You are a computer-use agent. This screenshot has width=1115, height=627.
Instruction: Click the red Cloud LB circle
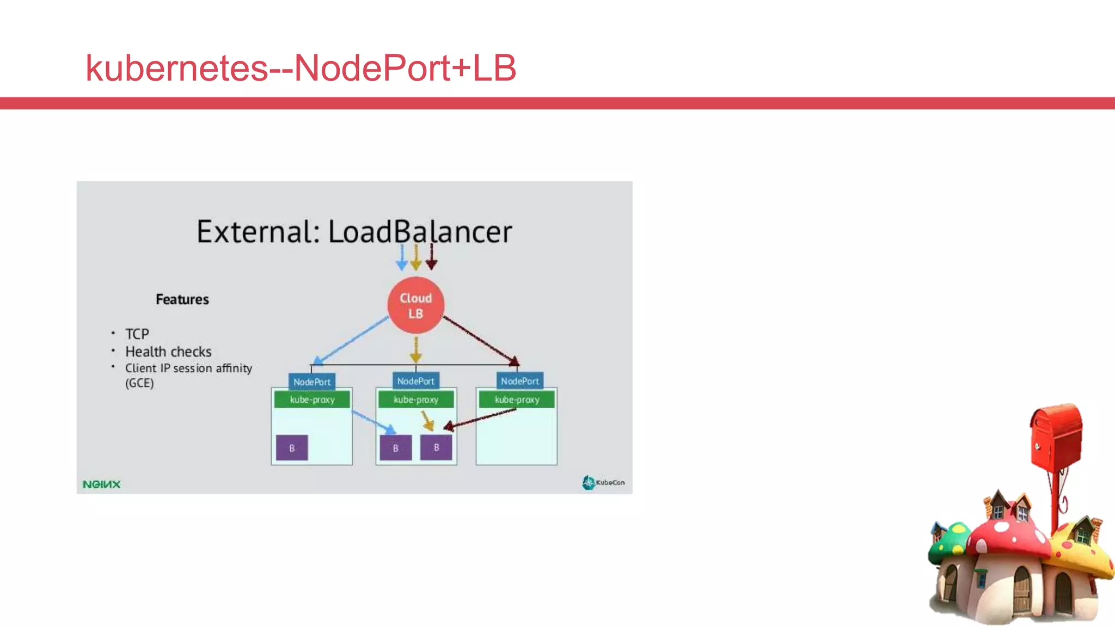pyautogui.click(x=415, y=305)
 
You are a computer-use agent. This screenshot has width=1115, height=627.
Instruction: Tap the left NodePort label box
pyautogui.click(x=311, y=382)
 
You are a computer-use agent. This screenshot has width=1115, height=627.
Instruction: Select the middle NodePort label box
pyautogui.click(x=415, y=381)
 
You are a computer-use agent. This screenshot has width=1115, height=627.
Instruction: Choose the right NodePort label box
pyautogui.click(x=519, y=381)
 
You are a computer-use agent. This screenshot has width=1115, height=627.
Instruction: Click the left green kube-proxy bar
pyautogui.click(x=312, y=399)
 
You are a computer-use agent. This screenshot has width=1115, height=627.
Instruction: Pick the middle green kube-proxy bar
pyautogui.click(x=416, y=399)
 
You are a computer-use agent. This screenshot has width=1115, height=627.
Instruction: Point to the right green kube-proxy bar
pyautogui.click(x=517, y=399)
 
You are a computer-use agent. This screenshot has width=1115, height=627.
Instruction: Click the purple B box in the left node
pyautogui.click(x=292, y=448)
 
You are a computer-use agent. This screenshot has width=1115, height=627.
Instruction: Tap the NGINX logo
pyautogui.click(x=101, y=484)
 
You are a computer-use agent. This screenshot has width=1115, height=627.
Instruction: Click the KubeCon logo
pyautogui.click(x=603, y=482)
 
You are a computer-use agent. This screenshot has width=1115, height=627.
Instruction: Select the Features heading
pyautogui.click(x=182, y=299)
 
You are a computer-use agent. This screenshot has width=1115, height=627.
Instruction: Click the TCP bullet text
pyautogui.click(x=137, y=334)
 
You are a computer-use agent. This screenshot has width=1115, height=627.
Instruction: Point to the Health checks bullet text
pyautogui.click(x=168, y=352)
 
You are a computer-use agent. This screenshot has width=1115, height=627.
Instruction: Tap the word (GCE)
pyautogui.click(x=139, y=383)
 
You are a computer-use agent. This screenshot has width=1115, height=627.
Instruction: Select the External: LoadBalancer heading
pyautogui.click(x=354, y=232)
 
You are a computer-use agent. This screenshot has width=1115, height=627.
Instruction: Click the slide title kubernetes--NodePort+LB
pyautogui.click(x=301, y=68)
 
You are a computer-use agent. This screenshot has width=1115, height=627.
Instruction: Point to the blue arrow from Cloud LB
pyautogui.click(x=351, y=340)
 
